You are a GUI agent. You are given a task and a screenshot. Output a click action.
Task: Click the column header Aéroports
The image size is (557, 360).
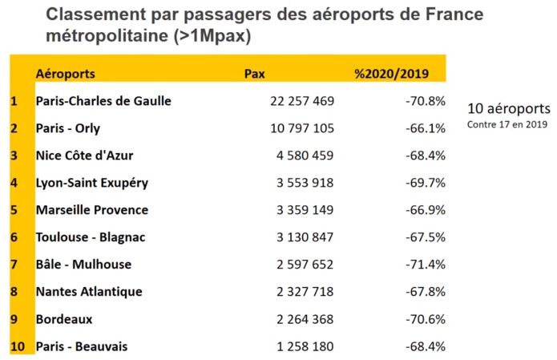pos(66,74)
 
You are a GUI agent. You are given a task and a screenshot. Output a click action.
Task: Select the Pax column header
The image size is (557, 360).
pos(254,74)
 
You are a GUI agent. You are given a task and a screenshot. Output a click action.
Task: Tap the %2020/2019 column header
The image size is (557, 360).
pos(391,74)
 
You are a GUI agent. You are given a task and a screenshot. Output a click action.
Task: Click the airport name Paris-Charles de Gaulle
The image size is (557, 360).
pos(103,101)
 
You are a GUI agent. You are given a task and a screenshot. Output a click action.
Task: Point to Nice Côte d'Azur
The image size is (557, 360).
pos(87,156)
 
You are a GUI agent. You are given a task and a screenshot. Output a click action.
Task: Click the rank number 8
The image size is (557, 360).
pos(14,292)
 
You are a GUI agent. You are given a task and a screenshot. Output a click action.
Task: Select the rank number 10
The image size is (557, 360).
pos(16,346)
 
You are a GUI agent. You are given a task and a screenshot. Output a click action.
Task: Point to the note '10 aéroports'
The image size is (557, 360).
pos(508,108)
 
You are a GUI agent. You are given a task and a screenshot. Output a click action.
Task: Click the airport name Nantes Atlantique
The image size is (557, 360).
pos(89,292)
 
